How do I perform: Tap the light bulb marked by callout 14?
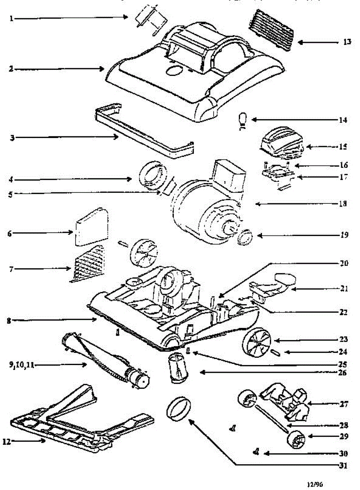243,120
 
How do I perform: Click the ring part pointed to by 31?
179,408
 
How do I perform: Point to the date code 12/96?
315,484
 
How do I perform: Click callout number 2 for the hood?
11,69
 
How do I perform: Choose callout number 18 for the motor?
343,203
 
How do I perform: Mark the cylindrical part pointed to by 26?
178,368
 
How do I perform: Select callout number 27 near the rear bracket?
344,404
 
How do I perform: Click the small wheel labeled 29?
297,441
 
